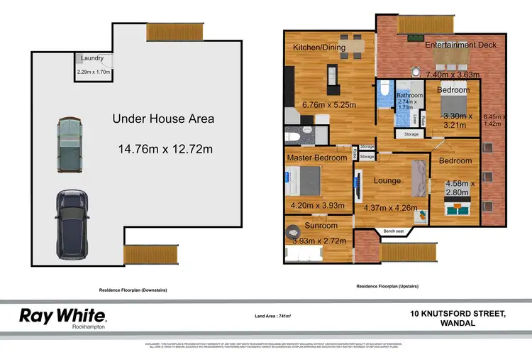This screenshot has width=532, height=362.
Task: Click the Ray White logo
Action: (x=62, y=315)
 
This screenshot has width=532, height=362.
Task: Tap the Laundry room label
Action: (x=93, y=58)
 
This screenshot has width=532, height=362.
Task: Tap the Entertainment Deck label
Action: (x=461, y=45)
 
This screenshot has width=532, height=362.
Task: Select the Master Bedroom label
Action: (x=316, y=156)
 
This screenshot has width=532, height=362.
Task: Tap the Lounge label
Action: (x=387, y=180)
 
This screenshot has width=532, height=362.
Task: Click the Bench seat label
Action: (x=394, y=231)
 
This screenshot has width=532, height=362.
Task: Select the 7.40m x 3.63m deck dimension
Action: (x=454, y=74)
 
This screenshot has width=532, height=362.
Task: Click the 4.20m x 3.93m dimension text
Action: (x=317, y=206)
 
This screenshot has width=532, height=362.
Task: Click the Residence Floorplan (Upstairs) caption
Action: (x=387, y=285)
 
